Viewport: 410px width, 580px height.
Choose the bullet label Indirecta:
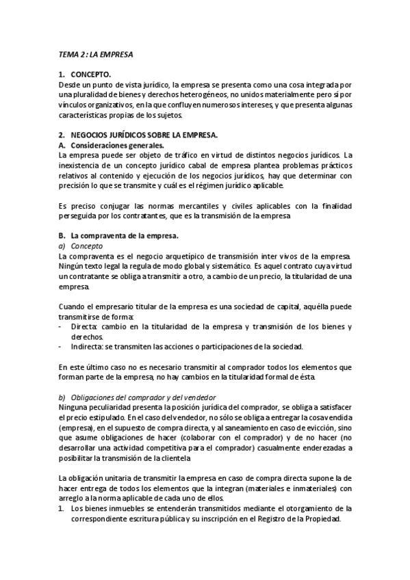[88, 347]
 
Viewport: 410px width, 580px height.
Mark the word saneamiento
[243, 427]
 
